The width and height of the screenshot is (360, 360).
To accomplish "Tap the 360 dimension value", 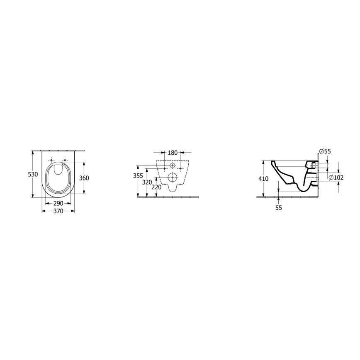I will pos(84,178).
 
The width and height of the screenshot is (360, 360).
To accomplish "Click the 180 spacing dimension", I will pos(172,153).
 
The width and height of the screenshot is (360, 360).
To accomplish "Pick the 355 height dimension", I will pos(138,175).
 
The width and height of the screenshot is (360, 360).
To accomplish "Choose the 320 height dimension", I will pos(146,182).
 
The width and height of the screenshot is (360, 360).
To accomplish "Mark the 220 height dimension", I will pos(156,187).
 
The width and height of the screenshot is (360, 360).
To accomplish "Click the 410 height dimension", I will pos(264,179).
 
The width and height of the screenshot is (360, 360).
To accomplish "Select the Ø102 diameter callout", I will pos(336,178).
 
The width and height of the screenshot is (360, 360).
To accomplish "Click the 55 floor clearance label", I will pos(278,208).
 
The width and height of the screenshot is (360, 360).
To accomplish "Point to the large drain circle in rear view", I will pos(173,178).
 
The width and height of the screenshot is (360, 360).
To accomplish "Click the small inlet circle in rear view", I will pos(173,166).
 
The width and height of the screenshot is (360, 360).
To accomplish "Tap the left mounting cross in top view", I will pos(51,160).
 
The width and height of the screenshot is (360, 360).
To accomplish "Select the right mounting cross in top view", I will pos(65,160).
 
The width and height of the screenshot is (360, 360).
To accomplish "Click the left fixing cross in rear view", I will pos(165,169).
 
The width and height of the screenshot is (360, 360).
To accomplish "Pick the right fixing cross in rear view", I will pos(180,169).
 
